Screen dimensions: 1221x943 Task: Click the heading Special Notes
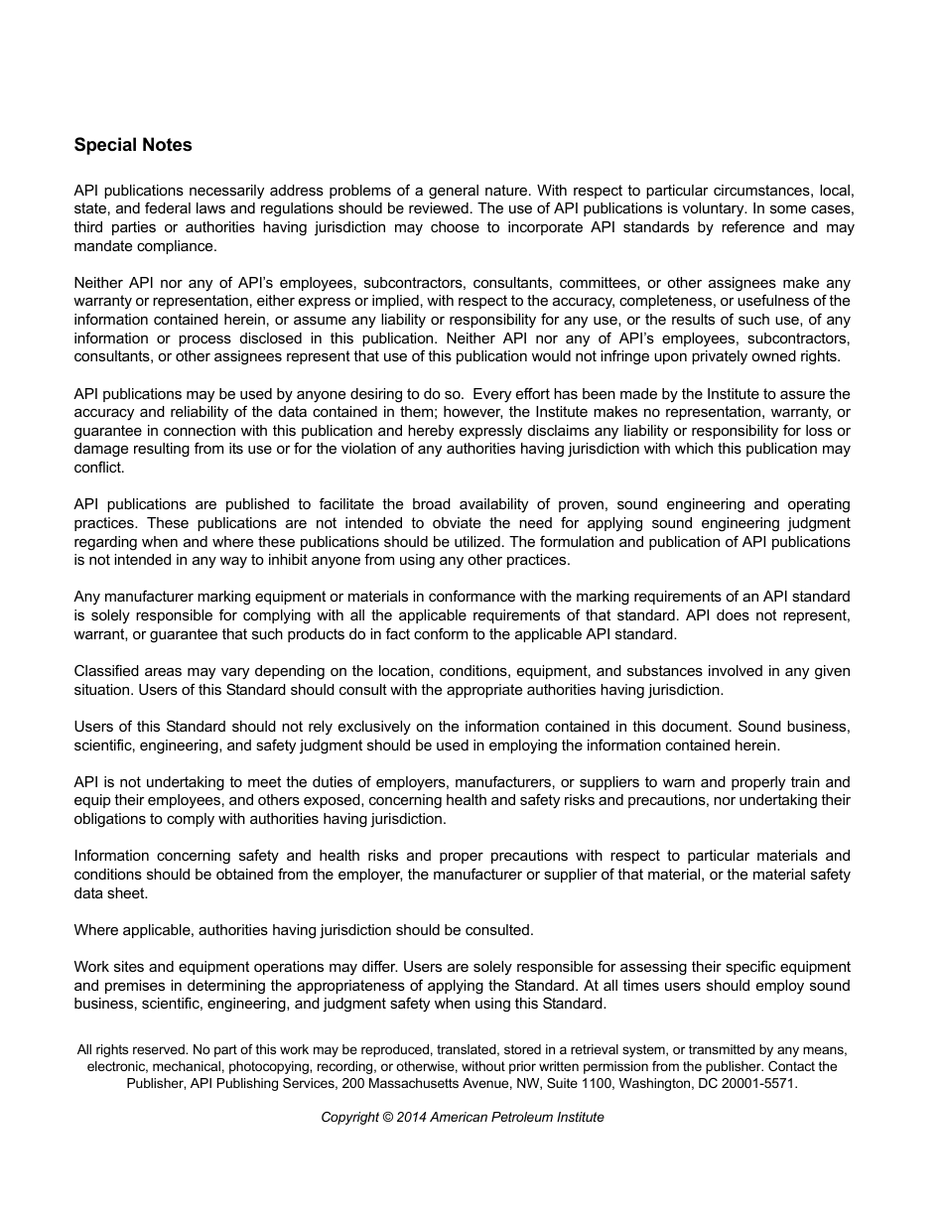133,145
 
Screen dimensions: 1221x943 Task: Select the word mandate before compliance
104,246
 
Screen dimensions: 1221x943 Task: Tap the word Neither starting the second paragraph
99,283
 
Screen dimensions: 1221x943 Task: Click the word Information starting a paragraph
112,856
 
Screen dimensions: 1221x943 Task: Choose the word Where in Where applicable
95,930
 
